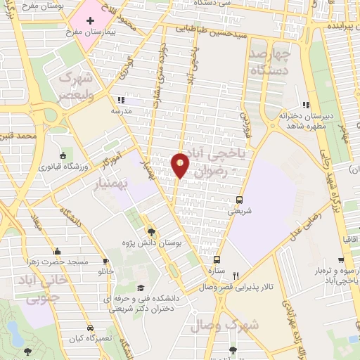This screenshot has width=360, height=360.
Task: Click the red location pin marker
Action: tap(180, 164)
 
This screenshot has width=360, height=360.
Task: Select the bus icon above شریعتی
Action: tap(240, 199)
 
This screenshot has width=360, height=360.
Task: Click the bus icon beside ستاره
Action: tap(217, 259)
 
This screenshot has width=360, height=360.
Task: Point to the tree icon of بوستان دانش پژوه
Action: tap(150, 231)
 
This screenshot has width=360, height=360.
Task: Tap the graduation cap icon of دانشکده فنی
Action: tap(141, 288)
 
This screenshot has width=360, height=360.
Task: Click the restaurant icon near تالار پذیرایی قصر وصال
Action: tap(237, 275)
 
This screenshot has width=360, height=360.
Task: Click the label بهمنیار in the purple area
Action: tap(115, 184)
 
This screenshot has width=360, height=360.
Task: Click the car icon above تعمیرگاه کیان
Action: tap(90, 328)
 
